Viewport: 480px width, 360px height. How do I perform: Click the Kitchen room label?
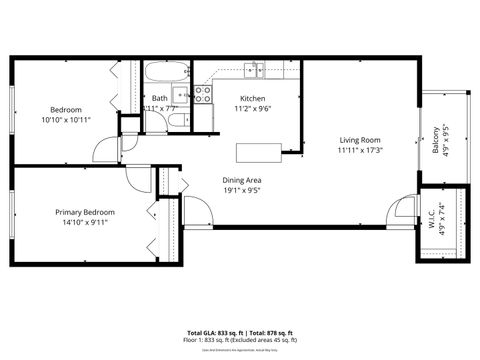point(252,98)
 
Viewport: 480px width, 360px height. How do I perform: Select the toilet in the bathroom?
point(176,121)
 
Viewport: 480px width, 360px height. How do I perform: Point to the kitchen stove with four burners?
point(203,95)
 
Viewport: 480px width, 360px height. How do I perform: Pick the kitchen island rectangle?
point(259,152)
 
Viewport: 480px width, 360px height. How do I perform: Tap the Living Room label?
point(360,140)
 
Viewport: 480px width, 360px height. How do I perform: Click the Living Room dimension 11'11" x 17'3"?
point(360,150)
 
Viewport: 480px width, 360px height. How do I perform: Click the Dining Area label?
point(242,180)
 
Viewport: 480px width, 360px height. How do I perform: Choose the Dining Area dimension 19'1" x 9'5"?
point(242,190)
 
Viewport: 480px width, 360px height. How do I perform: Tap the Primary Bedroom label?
point(85,212)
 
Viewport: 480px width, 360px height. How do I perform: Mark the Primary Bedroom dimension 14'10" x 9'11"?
point(85,222)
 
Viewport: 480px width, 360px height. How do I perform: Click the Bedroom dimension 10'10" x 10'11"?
point(66,119)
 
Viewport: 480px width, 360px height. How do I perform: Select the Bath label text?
point(160,98)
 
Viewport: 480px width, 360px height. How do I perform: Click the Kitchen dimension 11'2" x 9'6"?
point(252,108)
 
